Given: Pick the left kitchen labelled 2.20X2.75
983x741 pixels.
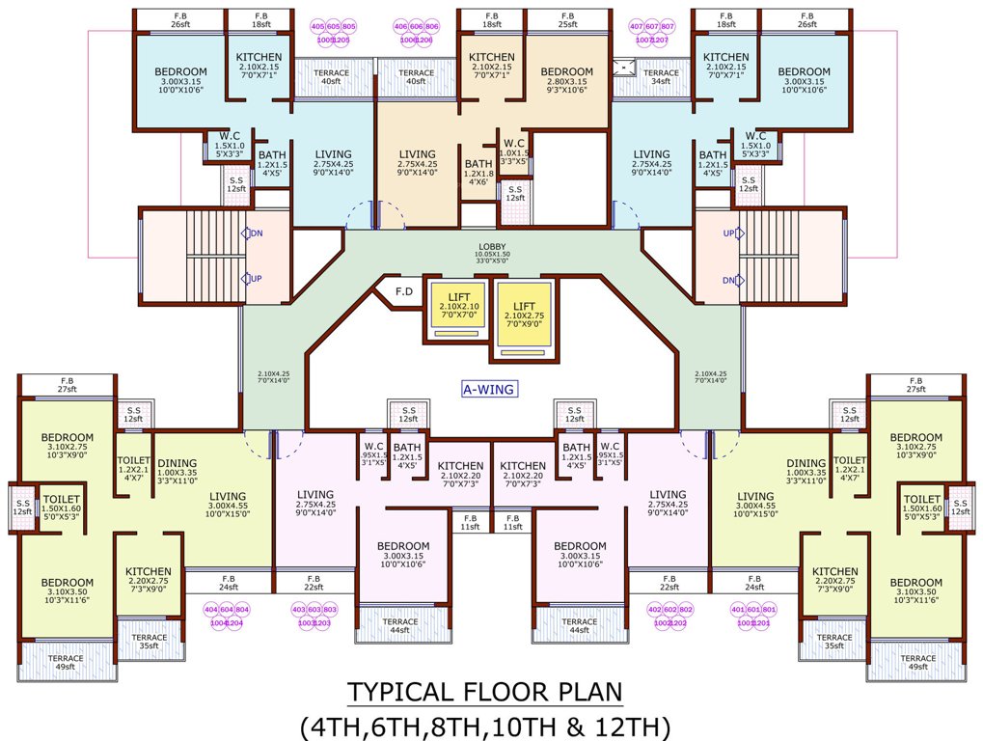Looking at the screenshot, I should click(148, 577).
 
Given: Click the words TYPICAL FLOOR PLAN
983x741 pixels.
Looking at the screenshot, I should click(484, 692).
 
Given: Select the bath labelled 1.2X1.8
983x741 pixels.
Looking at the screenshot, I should click(478, 170).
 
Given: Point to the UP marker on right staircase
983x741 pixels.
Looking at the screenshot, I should click(729, 234).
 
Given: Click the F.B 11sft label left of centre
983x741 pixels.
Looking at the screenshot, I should click(470, 522).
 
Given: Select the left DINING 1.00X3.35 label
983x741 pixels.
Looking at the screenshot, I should click(177, 467).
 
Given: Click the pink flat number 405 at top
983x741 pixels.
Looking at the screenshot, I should click(318, 26).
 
